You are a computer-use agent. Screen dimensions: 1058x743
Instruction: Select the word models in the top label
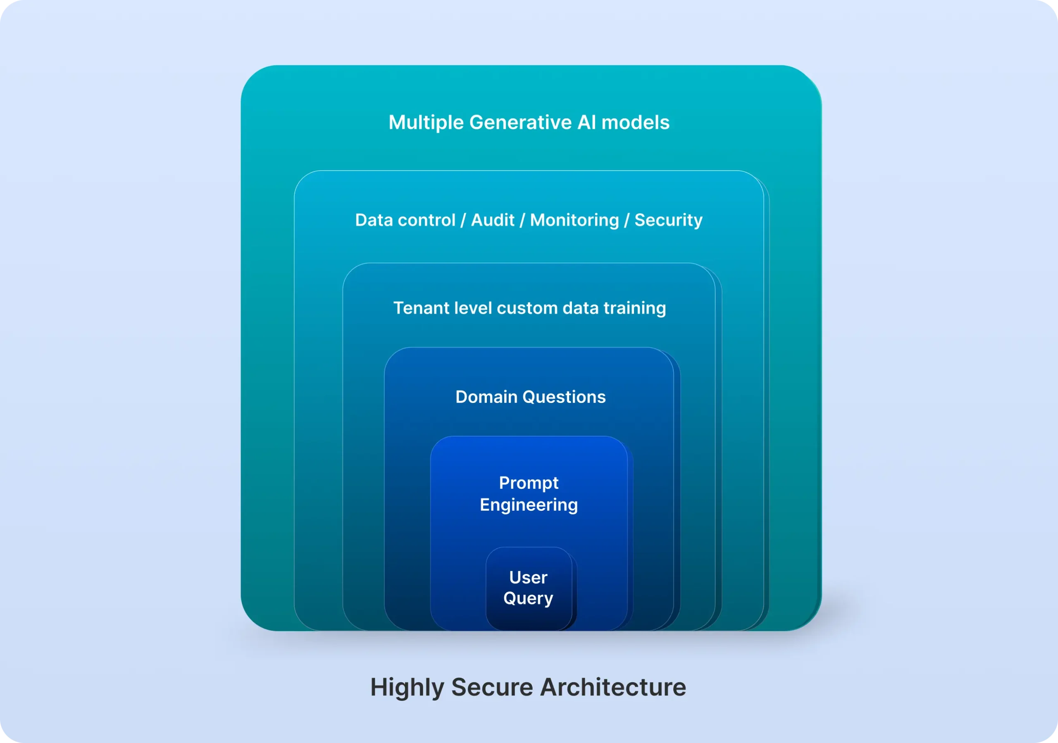tap(636, 123)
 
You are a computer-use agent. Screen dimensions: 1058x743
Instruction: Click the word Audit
tap(493, 221)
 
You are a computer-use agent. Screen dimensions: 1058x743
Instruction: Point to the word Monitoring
tap(574, 221)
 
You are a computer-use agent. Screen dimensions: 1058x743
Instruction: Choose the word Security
tap(669, 221)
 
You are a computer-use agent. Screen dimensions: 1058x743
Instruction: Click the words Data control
tap(405, 220)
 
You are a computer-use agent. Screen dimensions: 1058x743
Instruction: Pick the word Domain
tap(486, 397)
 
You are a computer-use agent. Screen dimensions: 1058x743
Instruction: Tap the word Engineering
tap(529, 505)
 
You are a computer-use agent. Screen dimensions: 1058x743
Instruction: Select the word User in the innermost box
tap(528, 578)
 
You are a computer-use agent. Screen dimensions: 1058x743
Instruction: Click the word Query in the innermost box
tap(528, 599)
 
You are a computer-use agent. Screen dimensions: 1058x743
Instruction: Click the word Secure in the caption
tap(492, 687)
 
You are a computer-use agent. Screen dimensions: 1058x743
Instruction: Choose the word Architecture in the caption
tap(613, 687)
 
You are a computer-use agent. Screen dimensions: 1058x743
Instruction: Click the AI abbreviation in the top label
tap(586, 123)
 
